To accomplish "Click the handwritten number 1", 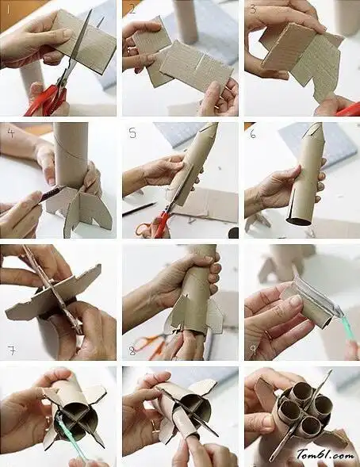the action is pos(9,9).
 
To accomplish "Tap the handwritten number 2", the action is pos(132,9).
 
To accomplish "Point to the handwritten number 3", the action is pos(253,10).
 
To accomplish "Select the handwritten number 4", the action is pos(11,132).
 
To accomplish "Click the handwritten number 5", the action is pos(132,133).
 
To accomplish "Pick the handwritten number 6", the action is pos(253,134).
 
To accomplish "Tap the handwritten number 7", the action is pos(12,350).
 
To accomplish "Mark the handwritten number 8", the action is pos(132,351).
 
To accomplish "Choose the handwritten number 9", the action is pos(253,350).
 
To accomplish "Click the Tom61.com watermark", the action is pos(325,455).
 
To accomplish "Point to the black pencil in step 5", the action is pos(139,209).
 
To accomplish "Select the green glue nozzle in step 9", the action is pos(347,327).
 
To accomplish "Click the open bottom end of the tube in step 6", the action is pos(298,221).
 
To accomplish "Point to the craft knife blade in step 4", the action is pos(54,190).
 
